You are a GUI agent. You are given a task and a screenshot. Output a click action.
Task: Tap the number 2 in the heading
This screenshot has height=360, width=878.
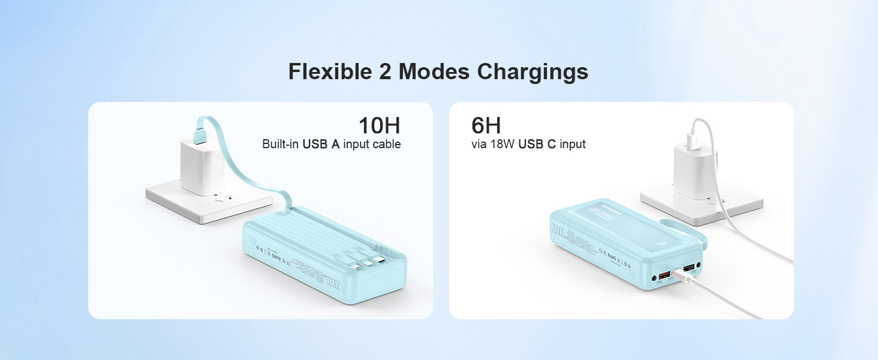point(386,72)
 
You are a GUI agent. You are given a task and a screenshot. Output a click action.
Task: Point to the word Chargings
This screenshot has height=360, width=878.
point(533,72)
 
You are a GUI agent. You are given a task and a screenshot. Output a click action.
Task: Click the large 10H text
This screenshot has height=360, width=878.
point(379,126)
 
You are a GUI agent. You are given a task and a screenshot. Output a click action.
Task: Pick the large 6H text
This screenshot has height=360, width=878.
point(486,126)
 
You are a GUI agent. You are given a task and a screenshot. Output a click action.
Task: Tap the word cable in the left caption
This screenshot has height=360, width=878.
point(386,144)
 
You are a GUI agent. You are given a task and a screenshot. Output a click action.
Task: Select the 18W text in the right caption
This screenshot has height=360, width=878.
point(503,144)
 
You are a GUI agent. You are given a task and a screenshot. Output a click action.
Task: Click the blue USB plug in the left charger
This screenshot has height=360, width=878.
point(201,127)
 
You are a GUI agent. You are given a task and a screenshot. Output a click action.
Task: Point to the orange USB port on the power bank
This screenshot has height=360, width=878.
point(665,277)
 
